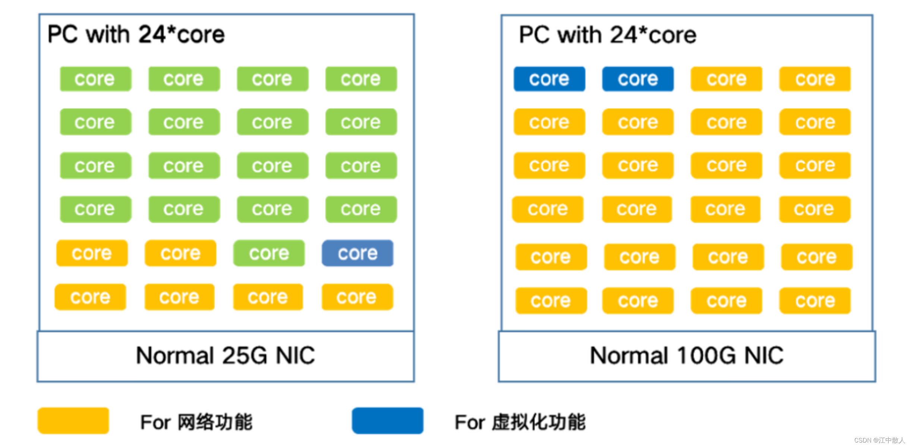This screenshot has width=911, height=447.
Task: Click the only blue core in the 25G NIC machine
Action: point(357,253)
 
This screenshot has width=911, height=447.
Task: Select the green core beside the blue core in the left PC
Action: point(269,253)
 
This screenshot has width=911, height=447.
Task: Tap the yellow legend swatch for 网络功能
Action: point(73,421)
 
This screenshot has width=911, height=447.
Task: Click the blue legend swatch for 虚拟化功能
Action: point(387,421)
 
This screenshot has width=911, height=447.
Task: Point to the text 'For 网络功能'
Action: point(196,422)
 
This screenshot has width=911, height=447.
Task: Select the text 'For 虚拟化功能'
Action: point(520,422)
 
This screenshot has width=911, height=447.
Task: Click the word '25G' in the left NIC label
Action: point(245,355)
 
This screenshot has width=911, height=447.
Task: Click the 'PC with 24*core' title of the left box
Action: point(136,35)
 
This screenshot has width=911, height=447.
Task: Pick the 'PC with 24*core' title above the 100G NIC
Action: point(608,35)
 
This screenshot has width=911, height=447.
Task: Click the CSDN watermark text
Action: point(879,440)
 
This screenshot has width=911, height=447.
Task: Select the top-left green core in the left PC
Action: point(95,79)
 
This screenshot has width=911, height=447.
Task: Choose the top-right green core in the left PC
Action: point(361,79)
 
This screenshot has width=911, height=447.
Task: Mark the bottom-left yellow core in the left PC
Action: point(90,297)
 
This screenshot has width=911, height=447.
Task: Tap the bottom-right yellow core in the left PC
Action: point(357,297)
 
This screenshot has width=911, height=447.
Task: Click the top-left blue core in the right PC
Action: point(549,79)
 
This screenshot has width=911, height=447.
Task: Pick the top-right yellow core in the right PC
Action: point(815,79)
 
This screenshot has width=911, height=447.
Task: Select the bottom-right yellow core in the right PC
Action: point(815,301)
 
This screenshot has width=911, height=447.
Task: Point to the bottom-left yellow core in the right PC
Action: point(551,301)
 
